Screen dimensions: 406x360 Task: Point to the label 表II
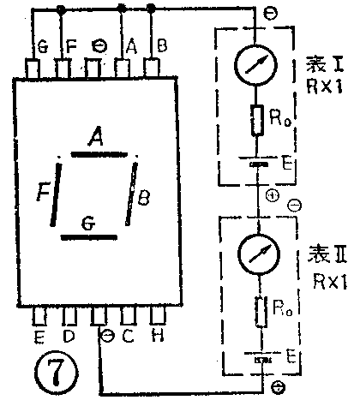pyautogui.click(x=326, y=254)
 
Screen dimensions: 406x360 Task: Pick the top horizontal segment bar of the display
pyautogui.click(x=99, y=154)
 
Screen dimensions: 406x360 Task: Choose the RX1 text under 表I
pyautogui.click(x=326, y=87)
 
